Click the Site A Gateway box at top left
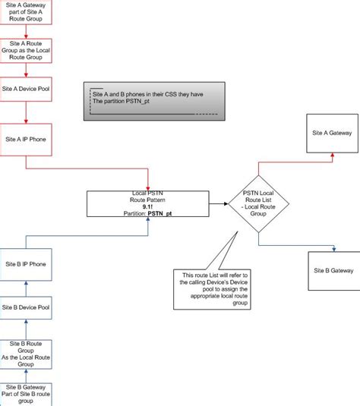27,14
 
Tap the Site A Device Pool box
27,90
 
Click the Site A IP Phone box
27,140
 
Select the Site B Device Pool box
27,307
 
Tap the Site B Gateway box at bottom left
27,392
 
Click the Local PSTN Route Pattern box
147,203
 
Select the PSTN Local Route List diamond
258,203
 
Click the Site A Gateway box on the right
332,133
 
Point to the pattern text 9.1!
147,206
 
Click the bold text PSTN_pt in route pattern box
157,214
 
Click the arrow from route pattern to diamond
219,203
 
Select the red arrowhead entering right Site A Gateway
331,156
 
